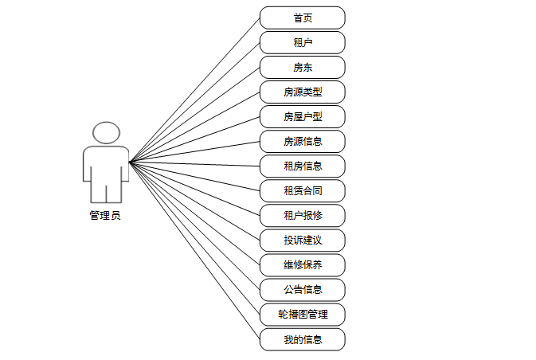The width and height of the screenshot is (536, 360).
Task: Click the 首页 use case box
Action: pos(303,18)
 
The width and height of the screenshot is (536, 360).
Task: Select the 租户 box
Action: pos(303,42)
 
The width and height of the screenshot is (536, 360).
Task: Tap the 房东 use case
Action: pos(303,67)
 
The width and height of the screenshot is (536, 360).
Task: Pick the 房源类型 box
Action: pos(303,92)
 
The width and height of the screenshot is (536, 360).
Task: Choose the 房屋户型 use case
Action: pos(303,116)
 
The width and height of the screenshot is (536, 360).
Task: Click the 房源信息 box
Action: pos(303,141)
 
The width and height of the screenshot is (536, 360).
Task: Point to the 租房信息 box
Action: pos(303,166)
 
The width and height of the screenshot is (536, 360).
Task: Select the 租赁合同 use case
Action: pos(303,190)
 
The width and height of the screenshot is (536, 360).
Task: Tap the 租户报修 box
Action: pos(303,215)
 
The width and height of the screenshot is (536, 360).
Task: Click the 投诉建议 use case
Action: pos(303,240)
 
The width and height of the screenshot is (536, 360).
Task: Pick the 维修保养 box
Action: pos(303,264)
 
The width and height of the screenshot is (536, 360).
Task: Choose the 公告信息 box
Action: pos(303,289)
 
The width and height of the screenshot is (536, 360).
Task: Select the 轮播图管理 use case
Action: pos(303,314)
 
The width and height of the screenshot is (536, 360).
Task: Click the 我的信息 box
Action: pos(303,338)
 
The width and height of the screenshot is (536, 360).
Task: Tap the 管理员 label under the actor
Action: pos(105,215)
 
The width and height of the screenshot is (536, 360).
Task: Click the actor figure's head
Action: pos(106,132)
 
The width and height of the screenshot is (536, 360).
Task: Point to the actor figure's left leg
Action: pos(98,189)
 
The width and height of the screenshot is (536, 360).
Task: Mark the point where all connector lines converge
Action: pos(129,162)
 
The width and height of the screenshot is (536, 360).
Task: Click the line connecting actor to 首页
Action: pos(194,90)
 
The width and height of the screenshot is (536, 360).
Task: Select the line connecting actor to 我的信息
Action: pos(194,250)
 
